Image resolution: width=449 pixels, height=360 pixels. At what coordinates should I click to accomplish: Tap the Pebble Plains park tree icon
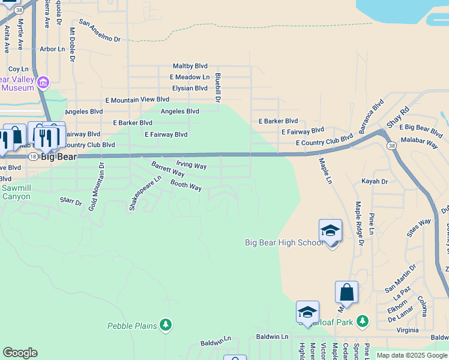[166, 325]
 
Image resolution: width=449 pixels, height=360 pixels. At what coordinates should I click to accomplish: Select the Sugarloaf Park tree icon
[363, 322]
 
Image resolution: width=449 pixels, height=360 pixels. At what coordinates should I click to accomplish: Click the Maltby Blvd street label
[190, 66]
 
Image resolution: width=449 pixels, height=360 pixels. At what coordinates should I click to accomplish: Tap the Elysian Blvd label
[190, 88]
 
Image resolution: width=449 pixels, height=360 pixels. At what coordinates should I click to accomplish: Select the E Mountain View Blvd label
[137, 100]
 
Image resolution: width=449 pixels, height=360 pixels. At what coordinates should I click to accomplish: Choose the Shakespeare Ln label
[145, 193]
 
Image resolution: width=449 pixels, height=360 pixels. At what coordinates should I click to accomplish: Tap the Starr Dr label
[71, 202]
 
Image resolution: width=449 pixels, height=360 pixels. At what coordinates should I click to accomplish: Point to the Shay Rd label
[397, 118]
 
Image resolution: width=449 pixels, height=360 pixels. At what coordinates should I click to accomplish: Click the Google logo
[20, 353]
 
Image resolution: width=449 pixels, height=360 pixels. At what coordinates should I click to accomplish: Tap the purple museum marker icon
[43, 82]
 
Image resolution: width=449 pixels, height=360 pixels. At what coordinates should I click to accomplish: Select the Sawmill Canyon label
[16, 192]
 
